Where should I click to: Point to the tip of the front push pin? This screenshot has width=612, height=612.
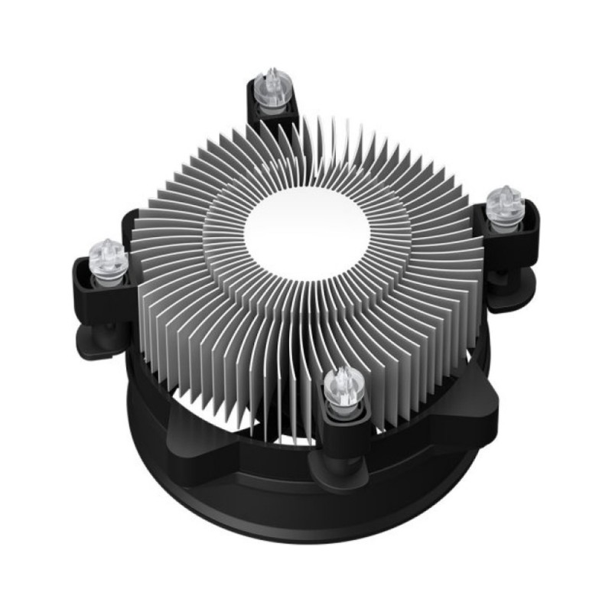click(339, 370)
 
